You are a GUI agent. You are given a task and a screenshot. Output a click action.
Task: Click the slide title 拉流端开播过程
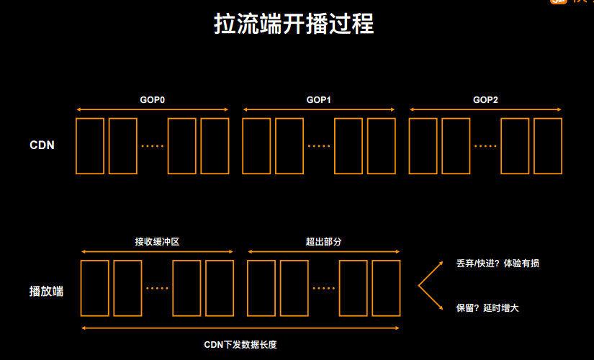coord(293,24)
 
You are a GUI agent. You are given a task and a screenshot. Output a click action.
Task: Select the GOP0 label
coord(152,99)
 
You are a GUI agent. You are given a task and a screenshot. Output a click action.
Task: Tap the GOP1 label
coord(318,99)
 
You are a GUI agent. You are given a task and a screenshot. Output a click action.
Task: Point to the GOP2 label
coord(485,99)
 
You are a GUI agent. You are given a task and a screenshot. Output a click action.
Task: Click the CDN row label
coord(42,145)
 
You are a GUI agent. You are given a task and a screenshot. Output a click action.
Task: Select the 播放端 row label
coord(46,291)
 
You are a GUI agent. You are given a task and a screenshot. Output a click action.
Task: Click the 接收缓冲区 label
coord(157,242)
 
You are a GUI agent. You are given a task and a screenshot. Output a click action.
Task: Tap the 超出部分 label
coord(323,242)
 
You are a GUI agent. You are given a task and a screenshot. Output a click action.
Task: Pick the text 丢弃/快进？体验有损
coord(498,264)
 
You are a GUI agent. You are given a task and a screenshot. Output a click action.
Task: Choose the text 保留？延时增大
coord(487,307)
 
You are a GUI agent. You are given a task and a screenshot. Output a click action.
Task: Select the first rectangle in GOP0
coord(90,146)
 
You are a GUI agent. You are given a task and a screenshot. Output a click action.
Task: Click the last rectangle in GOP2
coord(547,146)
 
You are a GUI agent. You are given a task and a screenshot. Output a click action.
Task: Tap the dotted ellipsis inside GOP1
coord(319,146)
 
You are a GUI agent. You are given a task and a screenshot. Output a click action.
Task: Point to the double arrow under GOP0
coord(152,110)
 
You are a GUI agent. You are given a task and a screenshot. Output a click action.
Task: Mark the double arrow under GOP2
coord(485,110)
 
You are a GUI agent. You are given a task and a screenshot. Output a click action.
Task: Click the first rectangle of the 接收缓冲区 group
coord(94,288)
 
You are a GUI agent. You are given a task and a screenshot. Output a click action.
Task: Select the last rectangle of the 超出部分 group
coord(386,288)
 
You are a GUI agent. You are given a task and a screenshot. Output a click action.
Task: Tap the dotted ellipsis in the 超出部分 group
coord(324,288)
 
